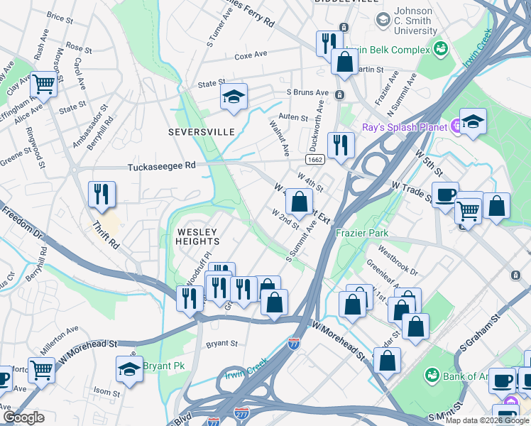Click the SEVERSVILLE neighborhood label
point(195,132)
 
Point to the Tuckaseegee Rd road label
point(161,167)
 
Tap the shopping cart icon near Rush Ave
point(43,84)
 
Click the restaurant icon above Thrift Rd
point(102,194)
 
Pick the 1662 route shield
point(317,159)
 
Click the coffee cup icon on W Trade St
point(445,195)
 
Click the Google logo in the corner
point(23,417)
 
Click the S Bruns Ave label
point(307,93)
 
